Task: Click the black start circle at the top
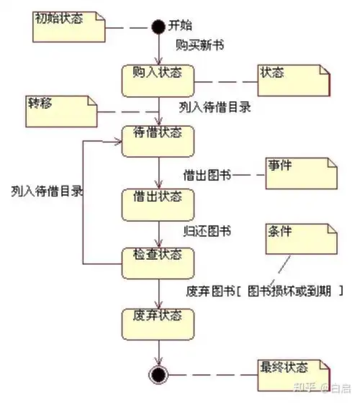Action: click(x=158, y=27)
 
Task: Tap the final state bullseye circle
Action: click(x=158, y=373)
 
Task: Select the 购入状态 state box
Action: click(x=158, y=79)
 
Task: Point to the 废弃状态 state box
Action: click(x=158, y=322)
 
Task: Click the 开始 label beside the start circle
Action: click(x=180, y=27)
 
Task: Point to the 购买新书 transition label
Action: click(x=199, y=45)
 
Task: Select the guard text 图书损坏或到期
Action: click(x=289, y=291)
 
